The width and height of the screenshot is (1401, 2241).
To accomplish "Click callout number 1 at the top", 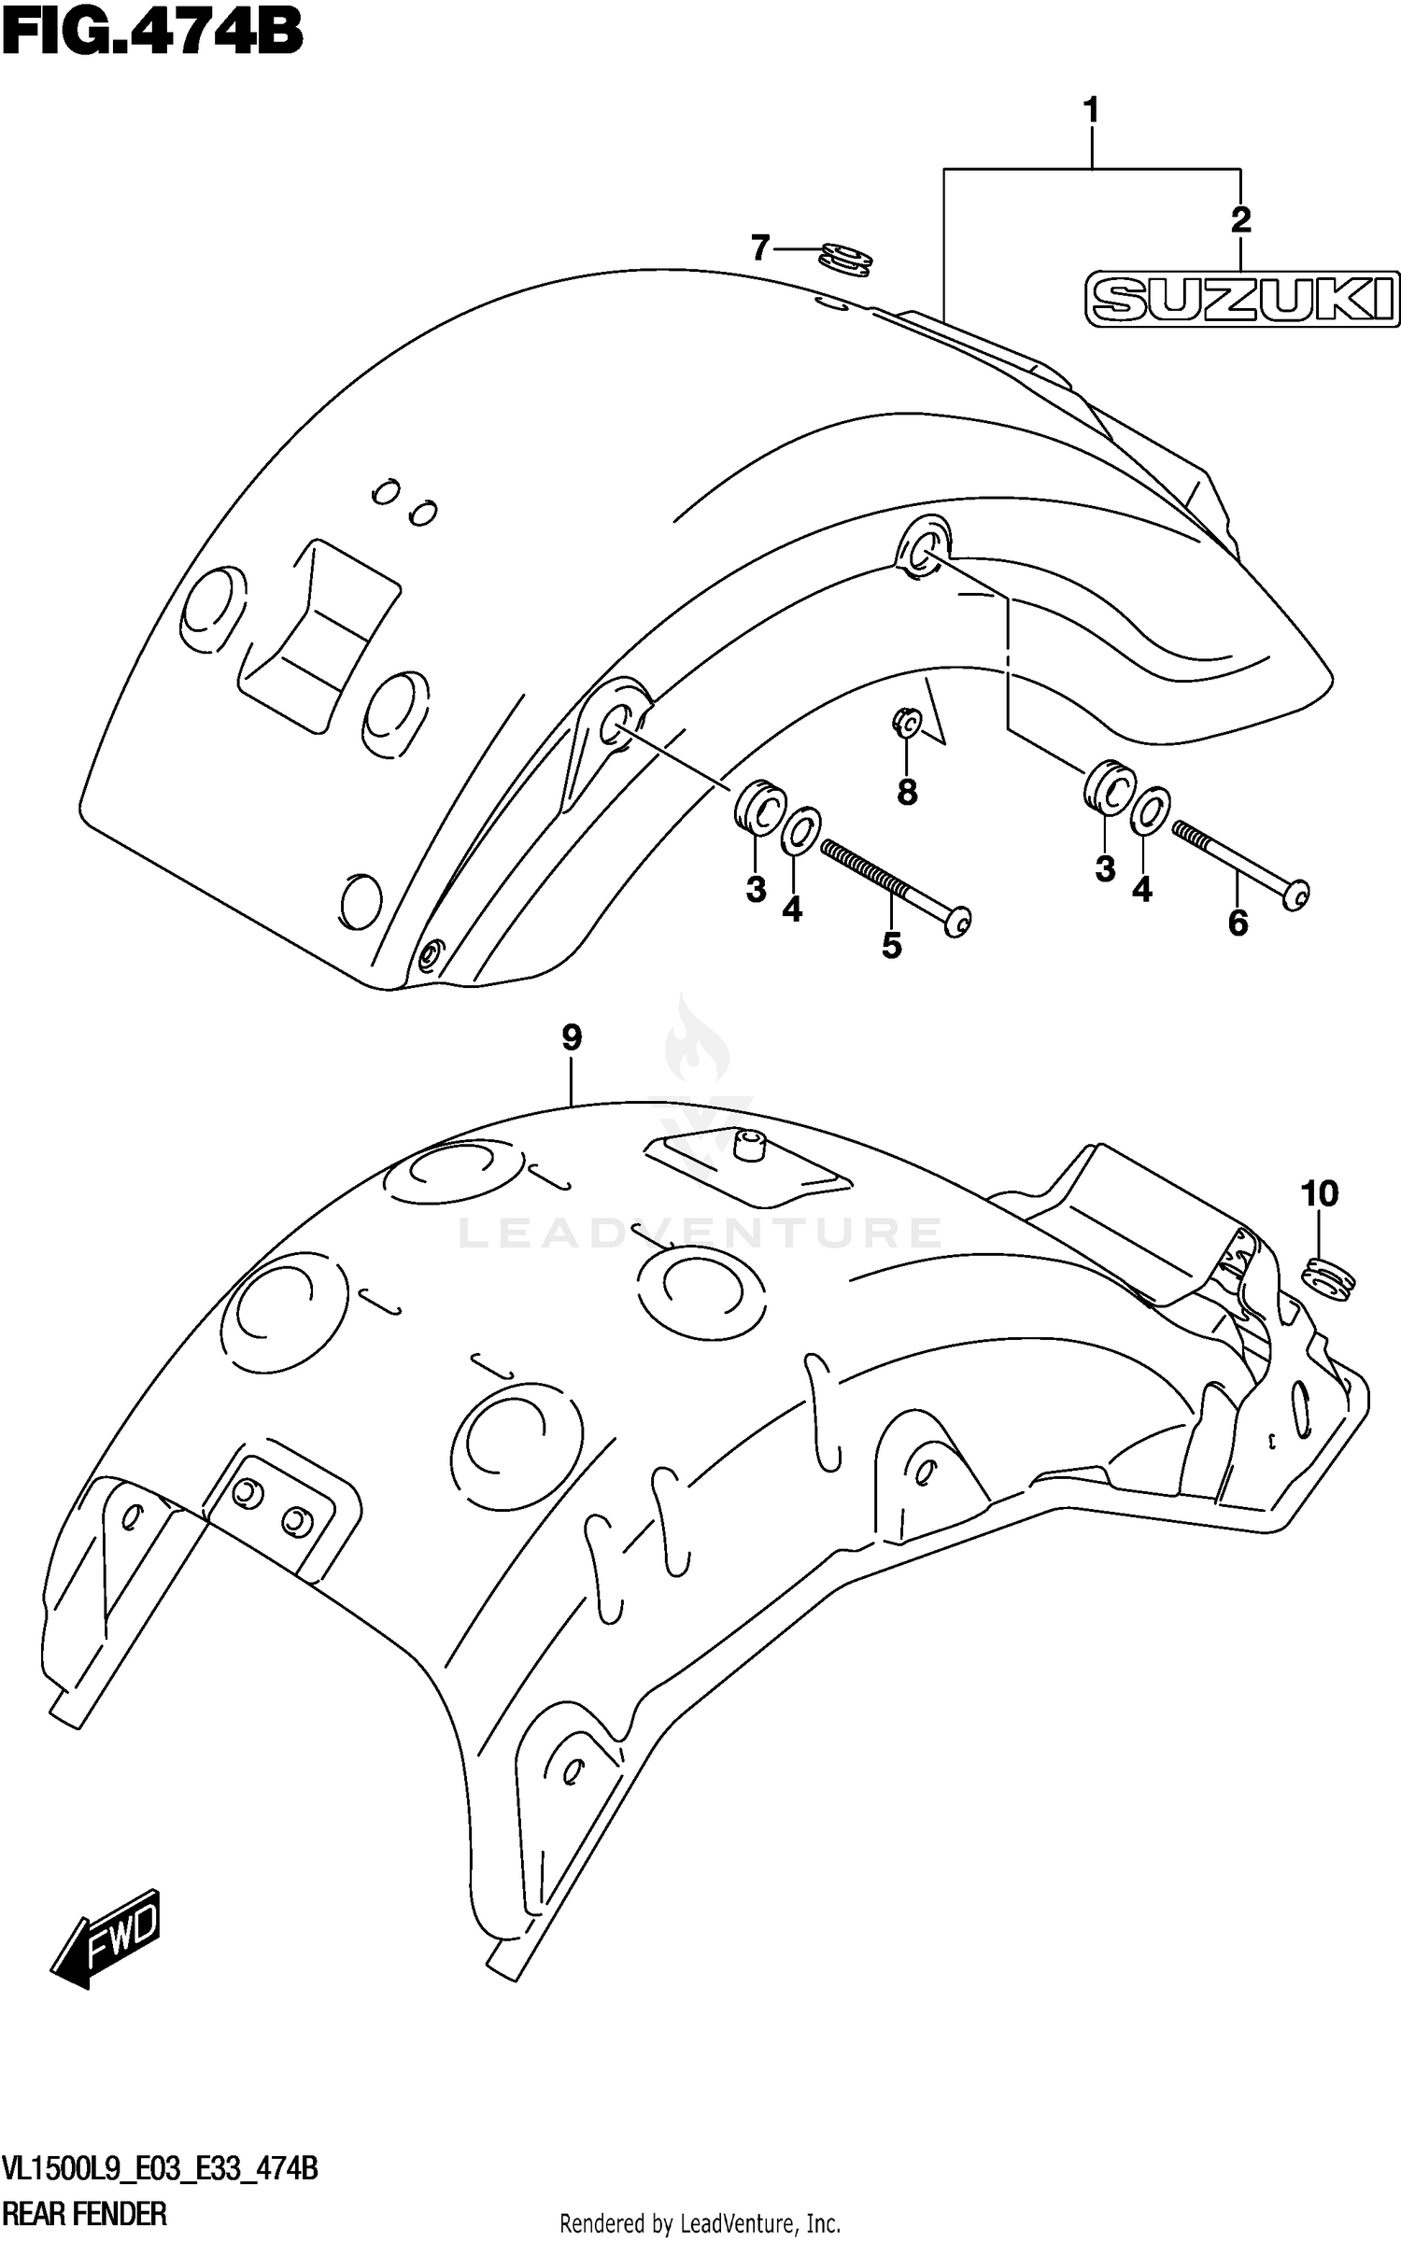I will [1090, 111].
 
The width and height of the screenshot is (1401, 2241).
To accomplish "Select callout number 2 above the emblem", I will [1239, 220].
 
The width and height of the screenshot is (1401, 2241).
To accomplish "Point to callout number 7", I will [760, 248].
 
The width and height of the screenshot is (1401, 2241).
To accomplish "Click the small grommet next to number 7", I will [846, 260].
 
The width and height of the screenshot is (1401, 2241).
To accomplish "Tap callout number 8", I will [906, 793].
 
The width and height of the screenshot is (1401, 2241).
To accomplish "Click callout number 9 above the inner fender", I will [572, 1037].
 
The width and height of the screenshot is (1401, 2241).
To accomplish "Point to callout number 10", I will [1319, 1193].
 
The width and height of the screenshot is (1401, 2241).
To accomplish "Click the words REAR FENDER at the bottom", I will [86, 2213].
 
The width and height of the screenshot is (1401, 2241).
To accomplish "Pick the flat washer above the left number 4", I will [800, 830].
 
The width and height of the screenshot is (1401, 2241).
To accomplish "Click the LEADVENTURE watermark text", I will [700, 1232].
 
